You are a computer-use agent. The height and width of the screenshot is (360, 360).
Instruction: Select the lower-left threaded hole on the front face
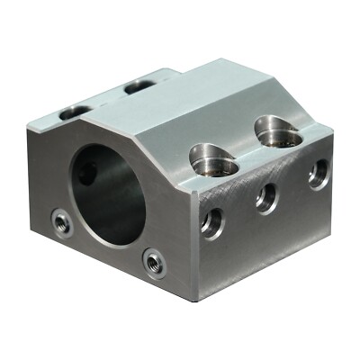61,221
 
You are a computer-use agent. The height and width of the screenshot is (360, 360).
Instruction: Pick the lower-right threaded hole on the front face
154,263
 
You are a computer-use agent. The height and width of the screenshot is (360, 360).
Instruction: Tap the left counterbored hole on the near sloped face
214,162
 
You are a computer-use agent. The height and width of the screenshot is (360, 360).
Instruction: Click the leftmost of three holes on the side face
212,221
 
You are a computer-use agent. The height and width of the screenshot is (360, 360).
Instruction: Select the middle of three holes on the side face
266,196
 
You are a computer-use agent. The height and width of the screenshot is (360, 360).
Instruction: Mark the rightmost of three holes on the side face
318,173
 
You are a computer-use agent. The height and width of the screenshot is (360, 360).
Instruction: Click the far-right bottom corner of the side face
334,215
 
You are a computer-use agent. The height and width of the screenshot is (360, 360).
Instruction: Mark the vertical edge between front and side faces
191,243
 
